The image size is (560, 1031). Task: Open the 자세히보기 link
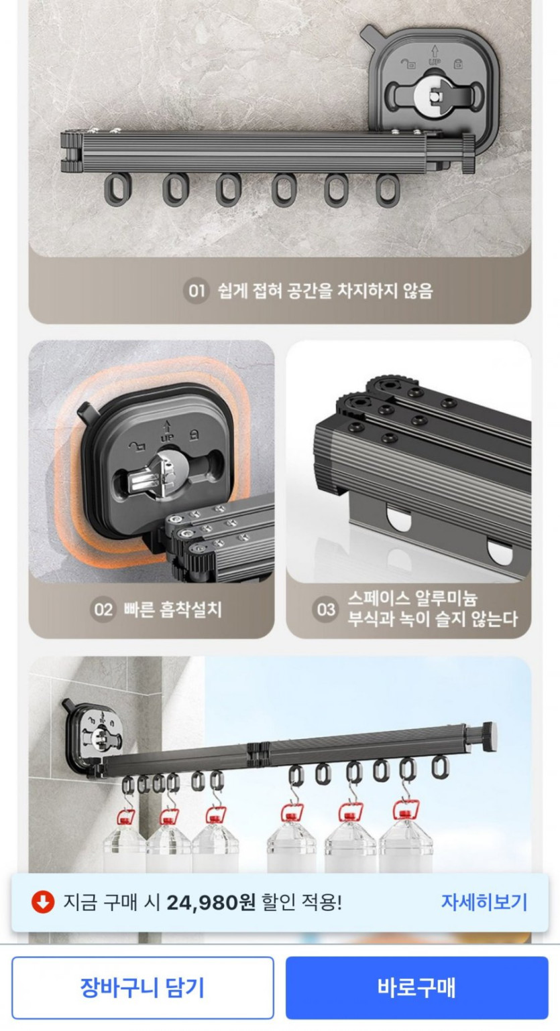point(484,902)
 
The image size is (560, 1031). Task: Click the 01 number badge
point(197,291)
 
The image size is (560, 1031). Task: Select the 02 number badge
point(103,610)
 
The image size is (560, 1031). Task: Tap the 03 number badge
point(325,610)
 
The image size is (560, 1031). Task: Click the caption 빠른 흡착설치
point(173,610)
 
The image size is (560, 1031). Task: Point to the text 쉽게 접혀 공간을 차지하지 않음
point(325,291)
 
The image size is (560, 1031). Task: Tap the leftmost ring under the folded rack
point(117,189)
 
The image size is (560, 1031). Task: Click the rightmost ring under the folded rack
point(388,190)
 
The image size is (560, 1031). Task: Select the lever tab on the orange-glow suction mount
point(85,413)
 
